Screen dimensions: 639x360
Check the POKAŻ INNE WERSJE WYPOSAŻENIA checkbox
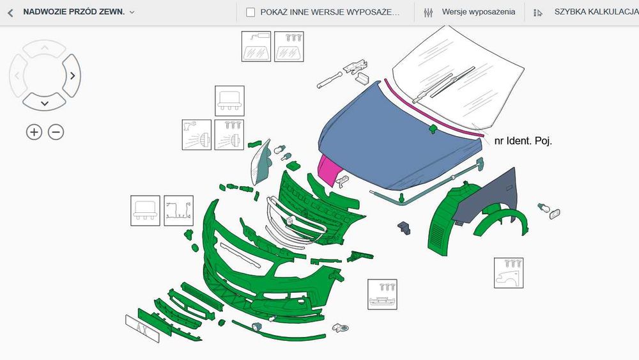[250, 12]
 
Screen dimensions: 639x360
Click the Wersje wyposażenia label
[478, 12]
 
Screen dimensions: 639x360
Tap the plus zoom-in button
[34, 132]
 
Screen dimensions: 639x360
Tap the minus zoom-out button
[56, 132]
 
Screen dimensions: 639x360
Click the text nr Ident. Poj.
[523, 141]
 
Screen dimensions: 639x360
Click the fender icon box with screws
[509, 273]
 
